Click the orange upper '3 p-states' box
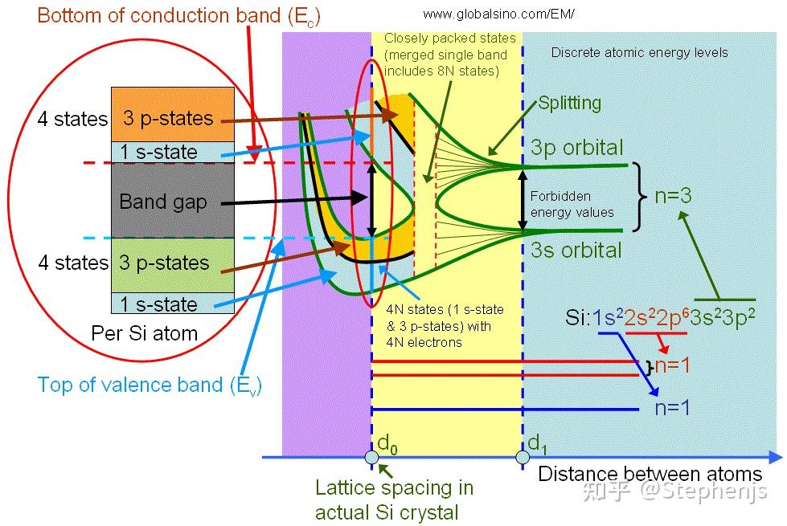[x=173, y=115]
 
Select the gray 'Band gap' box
[x=173, y=201]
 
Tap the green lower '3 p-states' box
[x=173, y=265]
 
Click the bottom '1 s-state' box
[x=173, y=304]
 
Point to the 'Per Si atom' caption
[x=145, y=333]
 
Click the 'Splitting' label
[x=570, y=103]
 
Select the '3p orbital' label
[x=576, y=148]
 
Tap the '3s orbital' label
[x=576, y=250]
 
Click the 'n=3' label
[x=673, y=196]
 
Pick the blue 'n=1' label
[x=672, y=408]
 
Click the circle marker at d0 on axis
[x=372, y=457]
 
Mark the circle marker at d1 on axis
[x=523, y=457]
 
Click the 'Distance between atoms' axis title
[x=650, y=474]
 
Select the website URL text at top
[x=498, y=14]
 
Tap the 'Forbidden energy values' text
[x=572, y=204]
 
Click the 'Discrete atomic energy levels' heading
[x=639, y=53]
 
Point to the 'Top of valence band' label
[x=150, y=385]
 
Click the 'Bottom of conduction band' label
[x=178, y=16]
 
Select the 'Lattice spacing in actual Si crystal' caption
[x=394, y=500]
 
